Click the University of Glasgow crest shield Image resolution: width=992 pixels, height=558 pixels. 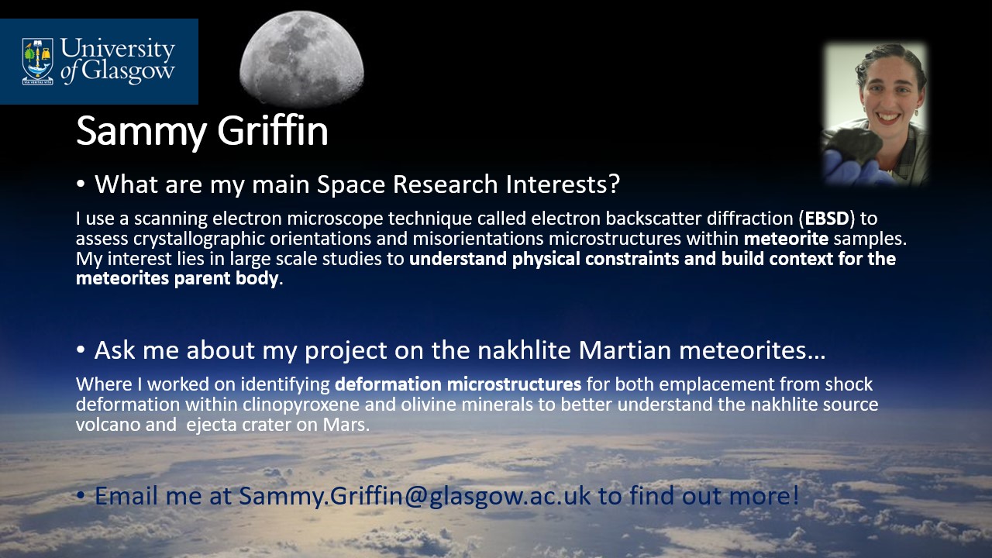point(38,61)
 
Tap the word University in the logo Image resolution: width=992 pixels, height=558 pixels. point(117,49)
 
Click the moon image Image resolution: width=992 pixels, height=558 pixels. point(301,58)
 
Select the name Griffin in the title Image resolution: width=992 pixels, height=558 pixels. point(272,130)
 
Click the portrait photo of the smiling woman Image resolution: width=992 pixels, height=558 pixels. point(875,114)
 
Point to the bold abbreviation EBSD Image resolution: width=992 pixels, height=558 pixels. point(827,219)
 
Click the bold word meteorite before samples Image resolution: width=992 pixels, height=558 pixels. point(786,239)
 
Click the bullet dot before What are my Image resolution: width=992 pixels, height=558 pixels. point(80,184)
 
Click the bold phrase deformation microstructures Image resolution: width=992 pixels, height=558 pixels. point(458,384)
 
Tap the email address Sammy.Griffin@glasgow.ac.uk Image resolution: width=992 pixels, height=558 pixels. point(415,495)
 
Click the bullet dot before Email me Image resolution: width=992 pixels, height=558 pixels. point(80,495)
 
